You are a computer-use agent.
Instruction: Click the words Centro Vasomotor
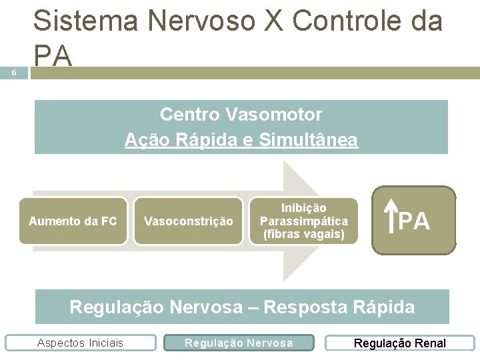(x=241, y=115)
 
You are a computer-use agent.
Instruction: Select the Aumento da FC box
(x=73, y=221)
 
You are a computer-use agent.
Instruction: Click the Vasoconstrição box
(x=189, y=221)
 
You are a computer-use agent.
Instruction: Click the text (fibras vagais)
(x=303, y=234)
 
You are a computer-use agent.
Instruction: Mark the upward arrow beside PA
(x=390, y=219)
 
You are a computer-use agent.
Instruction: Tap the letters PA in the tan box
(x=415, y=221)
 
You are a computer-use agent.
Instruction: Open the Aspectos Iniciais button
(x=80, y=343)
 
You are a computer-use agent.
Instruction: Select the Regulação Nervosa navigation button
(x=239, y=343)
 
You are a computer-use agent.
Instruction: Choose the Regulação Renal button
(x=399, y=343)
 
